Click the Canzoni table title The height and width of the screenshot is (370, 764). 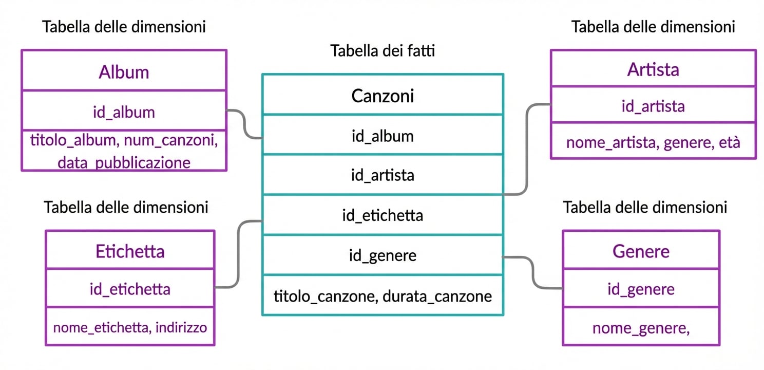pyautogui.click(x=383, y=96)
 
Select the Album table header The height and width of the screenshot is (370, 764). pyautogui.click(x=124, y=72)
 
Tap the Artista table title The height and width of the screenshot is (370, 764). pyautogui.click(x=653, y=69)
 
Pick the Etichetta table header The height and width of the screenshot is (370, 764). pyautogui.click(x=130, y=251)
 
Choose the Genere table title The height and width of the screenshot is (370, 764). pyautogui.click(x=641, y=251)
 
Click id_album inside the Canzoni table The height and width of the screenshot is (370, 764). pyautogui.click(x=383, y=136)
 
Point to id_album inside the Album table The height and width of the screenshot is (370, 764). pyautogui.click(x=124, y=112)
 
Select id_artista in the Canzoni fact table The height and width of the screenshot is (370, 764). pyautogui.click(x=383, y=175)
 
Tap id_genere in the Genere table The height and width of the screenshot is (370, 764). pyautogui.click(x=641, y=289)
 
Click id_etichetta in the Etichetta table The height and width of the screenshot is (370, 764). pyautogui.click(x=130, y=289)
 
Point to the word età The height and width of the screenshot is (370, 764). pyautogui.click(x=729, y=142)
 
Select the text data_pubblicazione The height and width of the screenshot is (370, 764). pyautogui.click(x=124, y=163)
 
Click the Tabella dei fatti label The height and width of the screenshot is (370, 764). pyautogui.click(x=383, y=51)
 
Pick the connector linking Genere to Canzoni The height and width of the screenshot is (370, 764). pyautogui.click(x=533, y=272)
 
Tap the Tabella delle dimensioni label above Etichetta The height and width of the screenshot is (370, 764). pyautogui.click(x=126, y=207)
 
